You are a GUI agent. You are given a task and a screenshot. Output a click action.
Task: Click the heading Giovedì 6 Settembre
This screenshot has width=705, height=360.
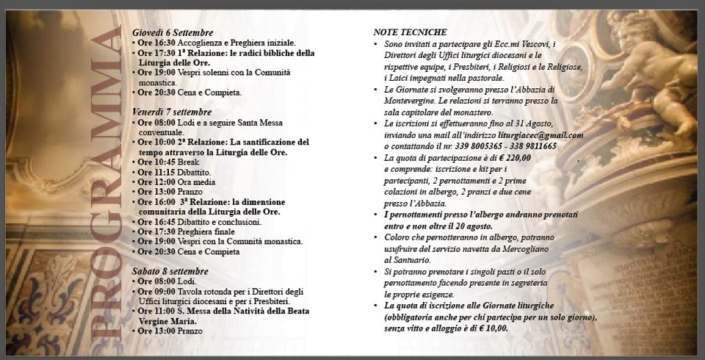(x=173, y=32)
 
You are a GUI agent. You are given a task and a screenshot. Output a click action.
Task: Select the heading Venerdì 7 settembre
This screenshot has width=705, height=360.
(x=172, y=111)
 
